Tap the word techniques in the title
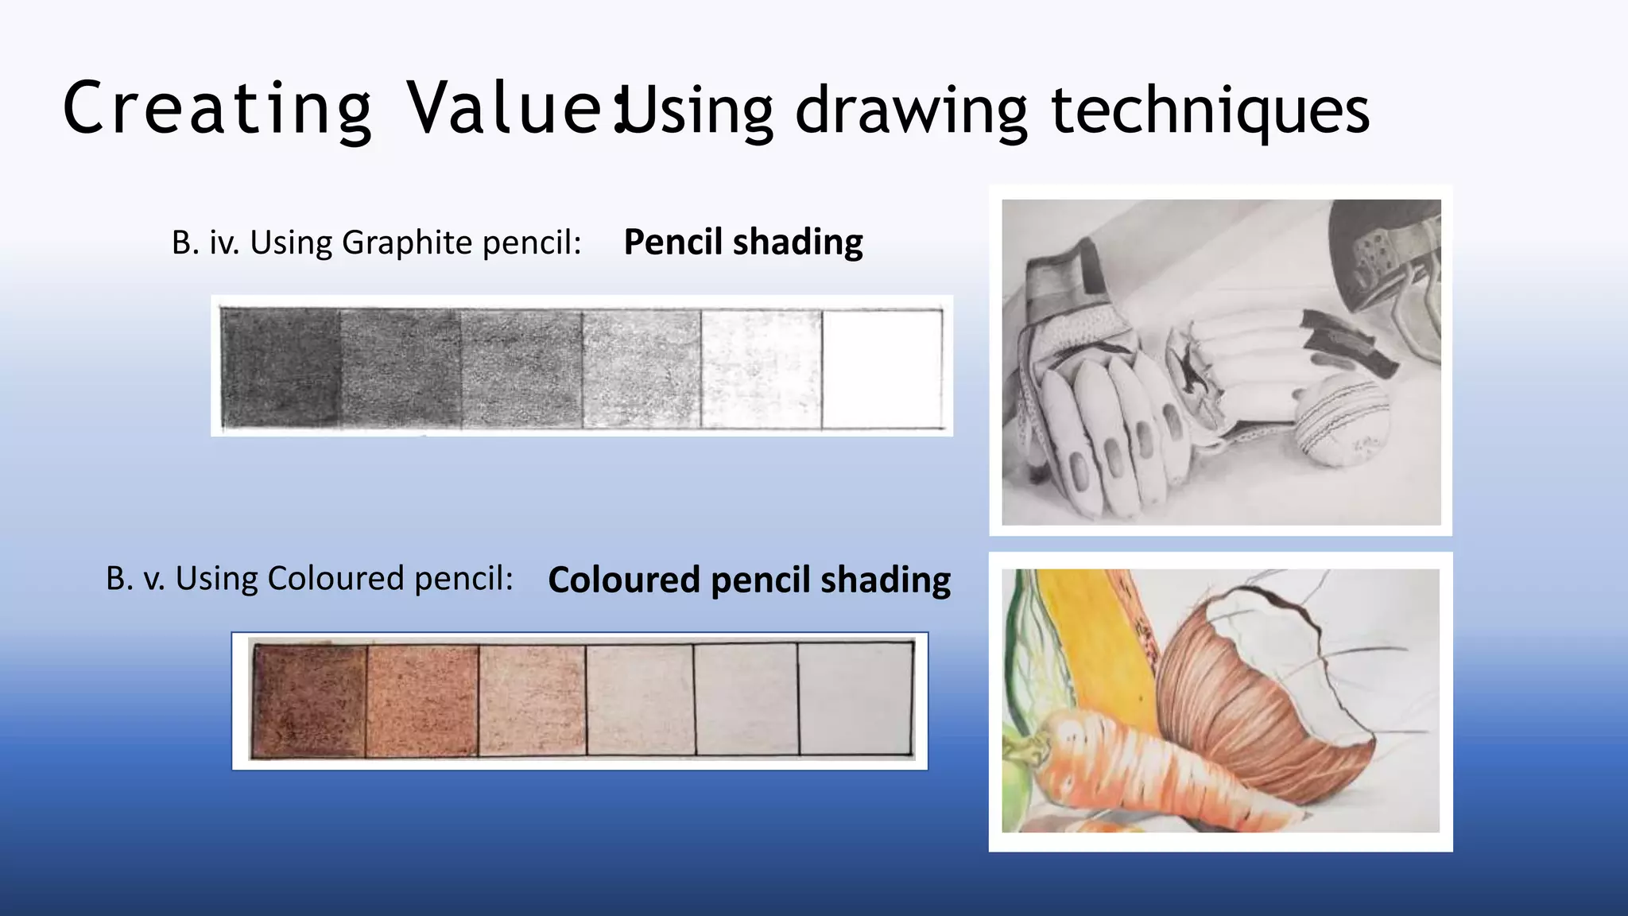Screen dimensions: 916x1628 [1210, 111]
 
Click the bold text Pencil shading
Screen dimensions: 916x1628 [742, 243]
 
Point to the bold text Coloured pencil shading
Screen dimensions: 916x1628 [749, 580]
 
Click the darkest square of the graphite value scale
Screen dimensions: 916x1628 [281, 368]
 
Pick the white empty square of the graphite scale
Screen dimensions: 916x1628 [881, 368]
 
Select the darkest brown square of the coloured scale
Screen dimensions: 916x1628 [308, 701]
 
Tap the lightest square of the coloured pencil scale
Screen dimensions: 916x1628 [855, 699]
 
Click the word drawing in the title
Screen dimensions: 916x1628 [911, 111]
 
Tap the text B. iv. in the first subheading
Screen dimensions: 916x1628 [205, 243]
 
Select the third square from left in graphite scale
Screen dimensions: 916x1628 [521, 368]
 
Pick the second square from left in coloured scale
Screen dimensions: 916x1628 [422, 701]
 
